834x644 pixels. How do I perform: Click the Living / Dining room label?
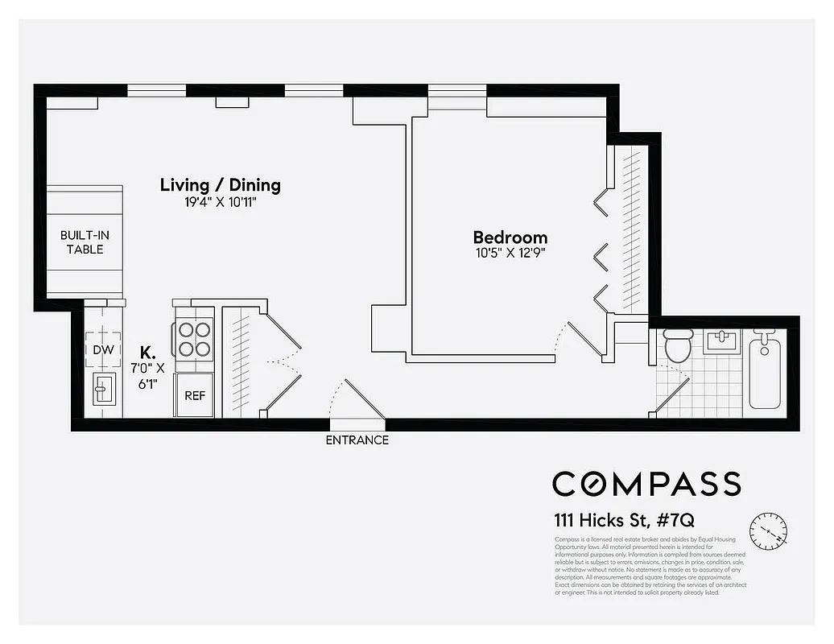tap(220, 184)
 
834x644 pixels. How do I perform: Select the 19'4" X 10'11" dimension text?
tap(220, 203)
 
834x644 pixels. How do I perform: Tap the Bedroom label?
tap(510, 237)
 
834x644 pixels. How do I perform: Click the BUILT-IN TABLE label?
tap(85, 242)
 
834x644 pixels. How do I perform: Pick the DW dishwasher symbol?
tap(102, 349)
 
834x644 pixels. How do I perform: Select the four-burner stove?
tap(193, 339)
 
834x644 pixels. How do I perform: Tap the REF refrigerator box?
tap(194, 395)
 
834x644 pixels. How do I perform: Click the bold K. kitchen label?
tap(147, 352)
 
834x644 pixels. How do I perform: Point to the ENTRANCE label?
tap(357, 440)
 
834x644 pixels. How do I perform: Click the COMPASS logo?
tap(646, 483)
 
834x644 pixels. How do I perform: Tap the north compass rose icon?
tap(768, 531)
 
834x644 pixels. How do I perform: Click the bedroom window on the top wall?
tap(456, 97)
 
